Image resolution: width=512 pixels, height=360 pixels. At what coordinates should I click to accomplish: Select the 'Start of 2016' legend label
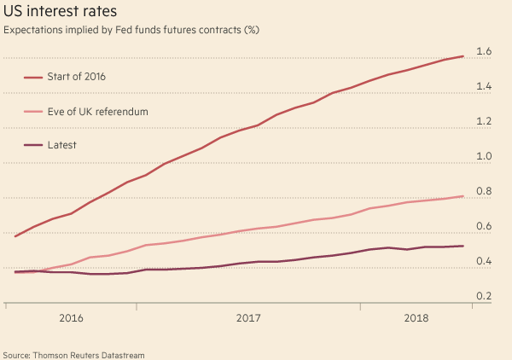tap(78, 77)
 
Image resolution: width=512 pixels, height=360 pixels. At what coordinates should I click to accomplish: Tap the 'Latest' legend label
tap(61, 145)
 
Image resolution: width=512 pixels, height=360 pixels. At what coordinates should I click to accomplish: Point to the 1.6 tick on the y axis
tap(484, 52)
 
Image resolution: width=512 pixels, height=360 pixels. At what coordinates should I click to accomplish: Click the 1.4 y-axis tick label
tap(484, 87)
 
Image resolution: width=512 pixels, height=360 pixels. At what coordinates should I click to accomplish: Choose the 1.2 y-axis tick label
tap(484, 122)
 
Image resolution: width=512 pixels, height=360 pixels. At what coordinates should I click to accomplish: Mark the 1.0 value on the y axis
tap(484, 157)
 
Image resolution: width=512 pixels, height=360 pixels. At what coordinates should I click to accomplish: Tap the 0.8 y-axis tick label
tap(484, 192)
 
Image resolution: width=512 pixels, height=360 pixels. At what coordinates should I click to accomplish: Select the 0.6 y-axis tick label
tap(484, 227)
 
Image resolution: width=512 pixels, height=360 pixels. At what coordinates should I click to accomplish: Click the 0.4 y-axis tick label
tap(484, 262)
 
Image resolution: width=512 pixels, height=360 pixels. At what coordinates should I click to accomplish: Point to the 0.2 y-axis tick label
tap(484, 297)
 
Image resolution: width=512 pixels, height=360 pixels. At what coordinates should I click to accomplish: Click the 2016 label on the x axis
tap(71, 318)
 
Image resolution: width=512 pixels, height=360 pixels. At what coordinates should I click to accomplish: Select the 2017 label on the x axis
tap(247, 318)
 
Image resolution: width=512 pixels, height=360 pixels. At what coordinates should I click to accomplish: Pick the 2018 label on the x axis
tap(416, 318)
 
